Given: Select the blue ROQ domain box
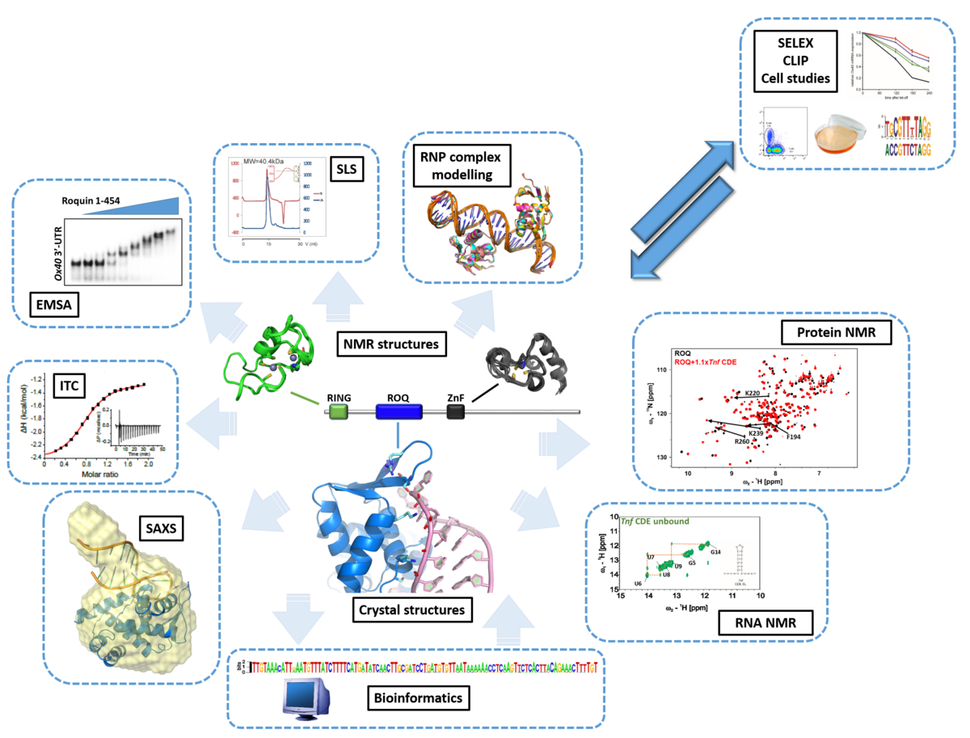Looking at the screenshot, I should (399, 411).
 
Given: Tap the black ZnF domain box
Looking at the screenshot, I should (457, 412).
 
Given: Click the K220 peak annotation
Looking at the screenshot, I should (753, 392).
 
